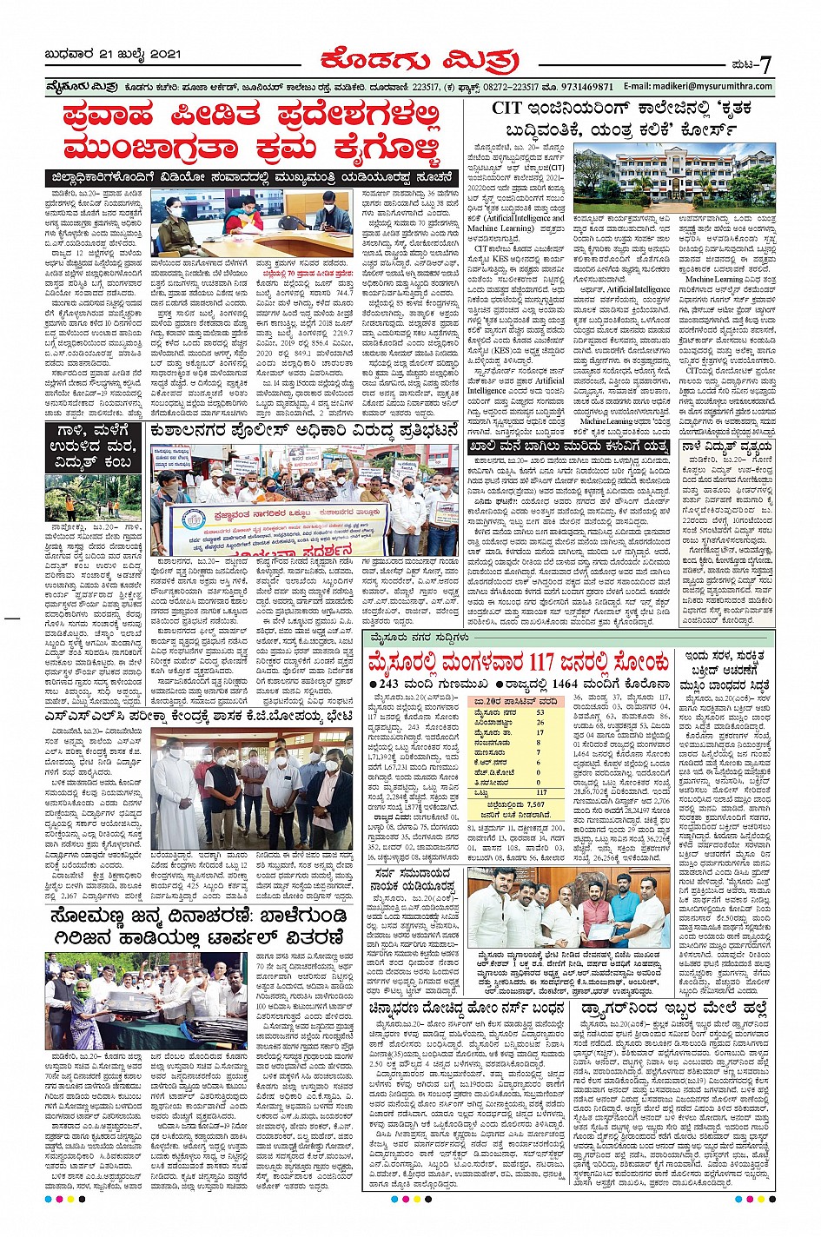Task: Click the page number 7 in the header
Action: point(765,64)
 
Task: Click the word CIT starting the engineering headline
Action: point(508,109)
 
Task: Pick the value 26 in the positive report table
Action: point(540,722)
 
